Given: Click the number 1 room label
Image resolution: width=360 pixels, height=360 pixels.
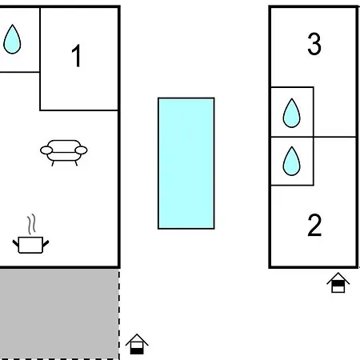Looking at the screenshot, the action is click(77, 56).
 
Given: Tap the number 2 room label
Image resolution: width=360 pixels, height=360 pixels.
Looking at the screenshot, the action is click(314, 226).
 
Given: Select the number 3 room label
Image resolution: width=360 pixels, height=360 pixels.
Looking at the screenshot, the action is click(314, 44).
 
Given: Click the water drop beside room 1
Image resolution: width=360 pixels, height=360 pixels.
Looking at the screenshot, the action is click(12, 39).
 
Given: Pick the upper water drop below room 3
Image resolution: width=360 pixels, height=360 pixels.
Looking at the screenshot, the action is click(291, 113).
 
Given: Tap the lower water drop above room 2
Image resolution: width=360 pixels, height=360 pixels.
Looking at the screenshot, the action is click(291, 161).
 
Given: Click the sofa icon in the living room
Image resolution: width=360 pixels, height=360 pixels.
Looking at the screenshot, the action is click(64, 153).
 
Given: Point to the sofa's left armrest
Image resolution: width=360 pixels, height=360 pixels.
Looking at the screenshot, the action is click(46, 150).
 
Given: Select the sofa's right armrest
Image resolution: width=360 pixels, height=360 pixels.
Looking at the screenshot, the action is click(81, 150).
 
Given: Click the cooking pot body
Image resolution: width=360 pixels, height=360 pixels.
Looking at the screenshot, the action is click(30, 245).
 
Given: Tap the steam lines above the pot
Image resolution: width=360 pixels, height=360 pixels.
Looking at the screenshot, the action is click(31, 224).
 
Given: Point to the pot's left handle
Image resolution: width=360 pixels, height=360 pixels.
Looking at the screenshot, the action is click(15, 243).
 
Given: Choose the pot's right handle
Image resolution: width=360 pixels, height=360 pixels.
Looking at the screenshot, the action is click(46, 243).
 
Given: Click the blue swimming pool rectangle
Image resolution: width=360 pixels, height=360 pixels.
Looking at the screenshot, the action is click(186, 163).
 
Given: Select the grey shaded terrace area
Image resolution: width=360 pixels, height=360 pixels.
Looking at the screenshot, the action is click(59, 314).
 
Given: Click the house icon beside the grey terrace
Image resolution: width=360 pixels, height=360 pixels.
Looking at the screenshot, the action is click(137, 344).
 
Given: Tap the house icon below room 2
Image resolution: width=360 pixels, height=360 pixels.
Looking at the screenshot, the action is click(338, 282).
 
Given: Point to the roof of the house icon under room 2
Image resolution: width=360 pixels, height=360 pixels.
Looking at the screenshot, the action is click(338, 278).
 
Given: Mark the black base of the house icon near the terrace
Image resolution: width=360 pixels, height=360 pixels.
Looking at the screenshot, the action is click(137, 351).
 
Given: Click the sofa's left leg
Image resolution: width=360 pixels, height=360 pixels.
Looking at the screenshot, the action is click(53, 163).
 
